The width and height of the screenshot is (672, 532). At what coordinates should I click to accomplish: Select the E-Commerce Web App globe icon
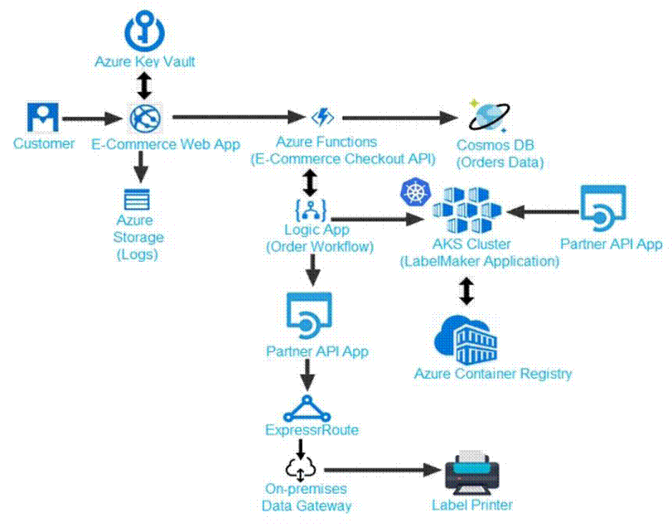(145, 118)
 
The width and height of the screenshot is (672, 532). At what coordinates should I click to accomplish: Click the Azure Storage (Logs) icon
(138, 200)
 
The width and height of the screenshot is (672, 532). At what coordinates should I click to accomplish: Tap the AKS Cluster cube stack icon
(467, 211)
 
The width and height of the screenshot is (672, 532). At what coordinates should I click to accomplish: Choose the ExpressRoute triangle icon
(307, 409)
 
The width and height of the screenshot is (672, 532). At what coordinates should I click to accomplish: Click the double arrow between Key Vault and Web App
(145, 85)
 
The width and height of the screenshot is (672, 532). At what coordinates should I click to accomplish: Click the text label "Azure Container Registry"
(493, 374)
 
